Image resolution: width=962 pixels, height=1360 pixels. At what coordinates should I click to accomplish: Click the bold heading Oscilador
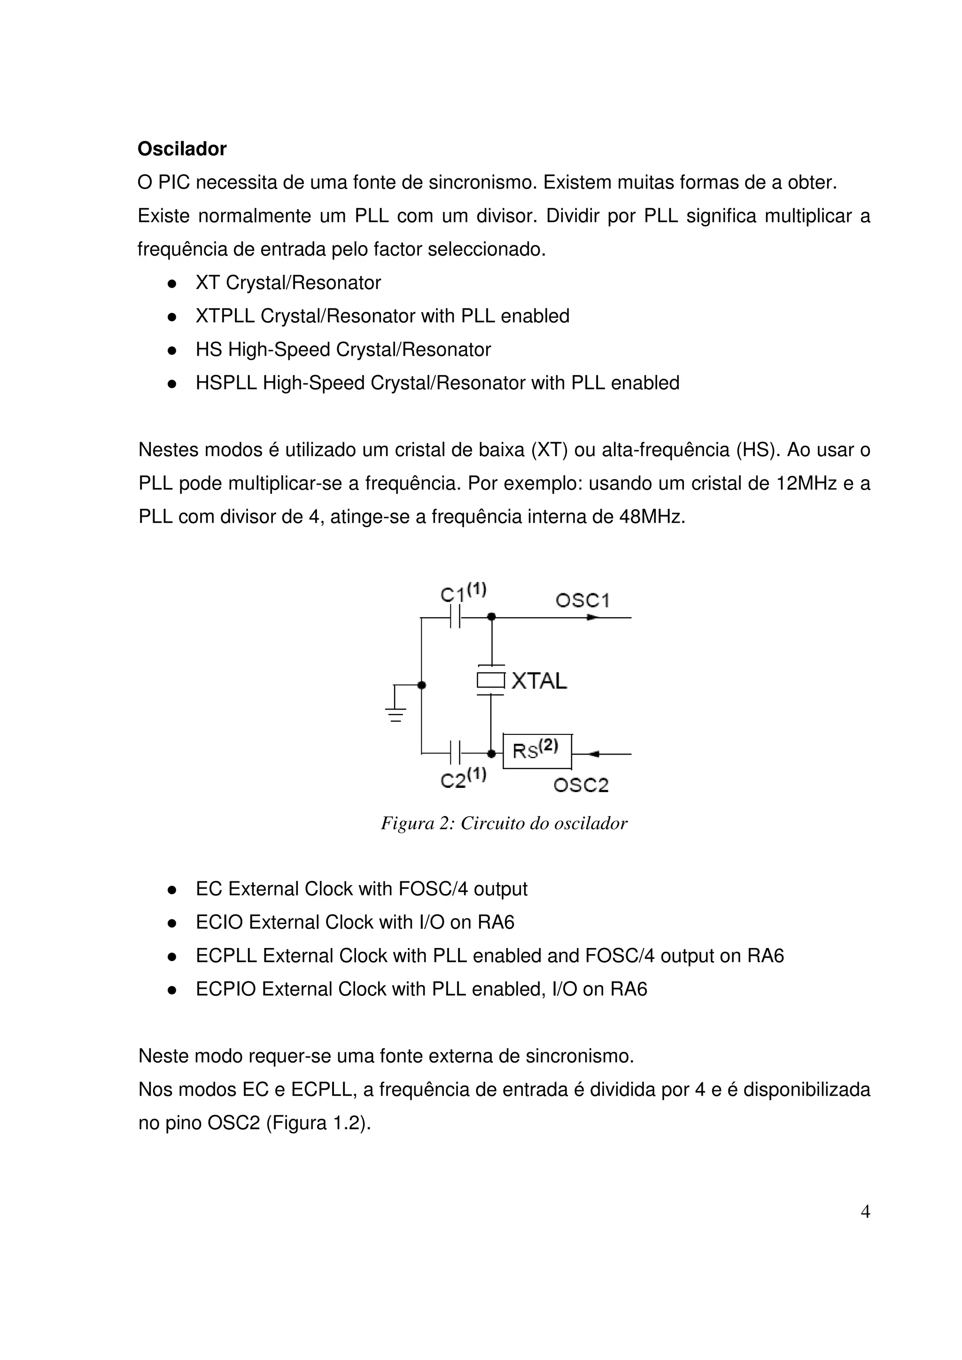[x=182, y=149]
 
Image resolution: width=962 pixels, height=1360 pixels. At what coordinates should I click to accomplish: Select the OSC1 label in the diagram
[x=582, y=601]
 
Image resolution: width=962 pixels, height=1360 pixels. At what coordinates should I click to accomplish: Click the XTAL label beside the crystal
[x=539, y=681]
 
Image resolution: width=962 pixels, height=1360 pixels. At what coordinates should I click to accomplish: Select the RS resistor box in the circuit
[x=537, y=751]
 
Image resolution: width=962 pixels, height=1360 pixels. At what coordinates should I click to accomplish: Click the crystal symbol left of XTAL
[x=491, y=680]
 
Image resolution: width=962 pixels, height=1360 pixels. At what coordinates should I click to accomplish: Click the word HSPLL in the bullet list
[x=226, y=383]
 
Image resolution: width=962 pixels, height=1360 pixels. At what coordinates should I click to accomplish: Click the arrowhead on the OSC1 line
[x=591, y=617]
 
